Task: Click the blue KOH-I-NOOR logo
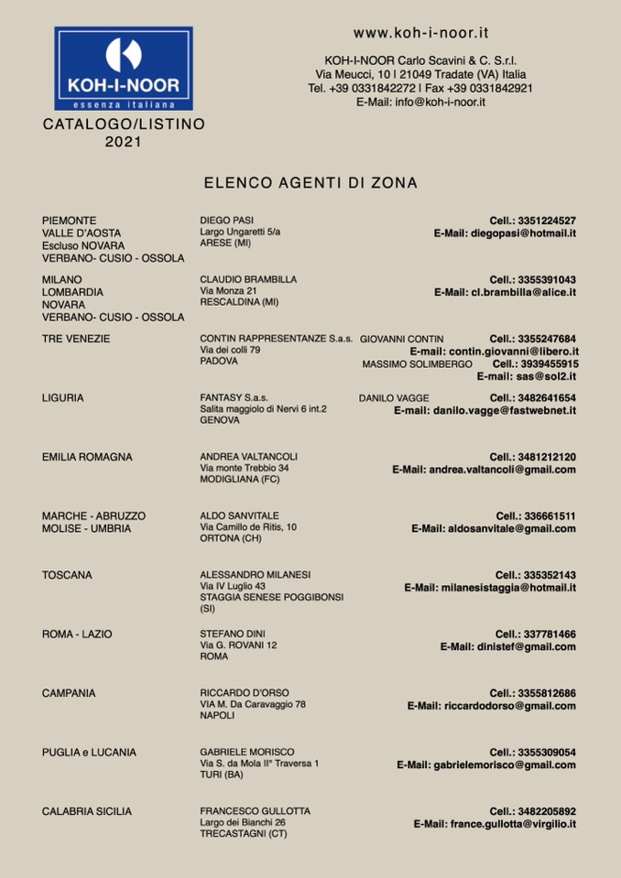tap(124, 69)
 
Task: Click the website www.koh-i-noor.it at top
tap(420, 33)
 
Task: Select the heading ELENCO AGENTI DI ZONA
tap(310, 183)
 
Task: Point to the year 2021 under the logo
tap(124, 142)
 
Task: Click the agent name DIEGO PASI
tap(226, 221)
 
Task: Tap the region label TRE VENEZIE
tap(76, 339)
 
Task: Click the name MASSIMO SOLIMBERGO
tap(417, 364)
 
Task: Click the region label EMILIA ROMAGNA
tap(87, 457)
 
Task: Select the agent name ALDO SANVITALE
tap(239, 515)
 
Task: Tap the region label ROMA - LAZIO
tap(77, 634)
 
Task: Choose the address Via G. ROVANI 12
tap(238, 645)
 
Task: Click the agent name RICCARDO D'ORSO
tap(244, 693)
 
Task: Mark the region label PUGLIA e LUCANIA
tap(89, 753)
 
